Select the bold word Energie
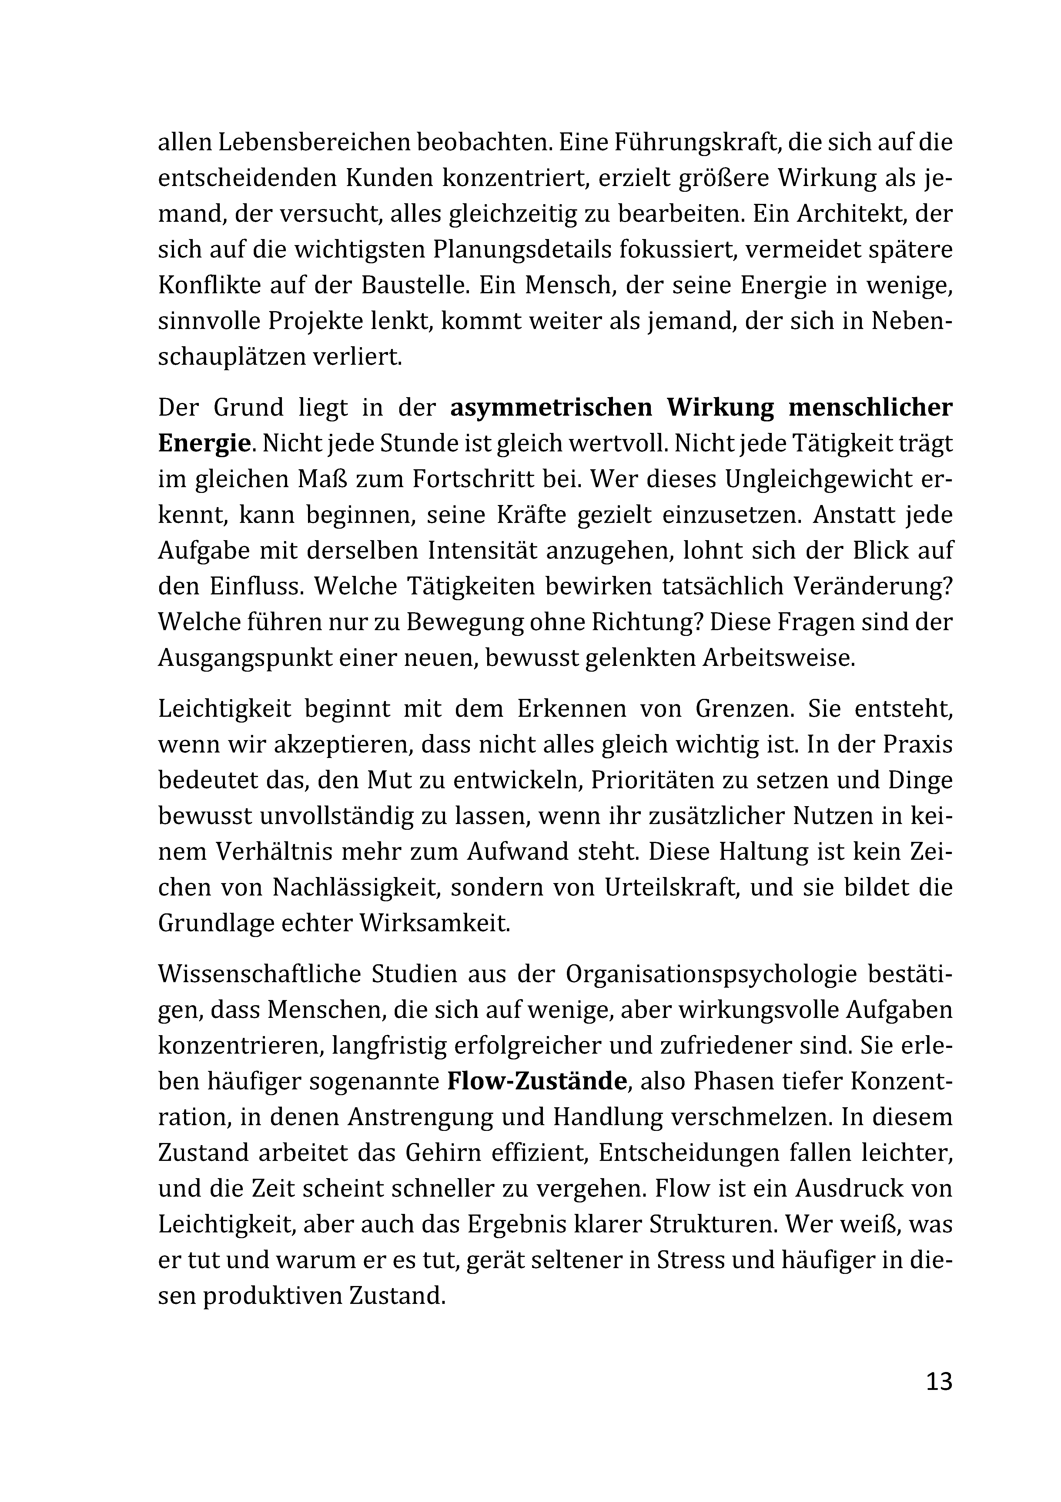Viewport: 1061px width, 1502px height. pyautogui.click(x=204, y=444)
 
